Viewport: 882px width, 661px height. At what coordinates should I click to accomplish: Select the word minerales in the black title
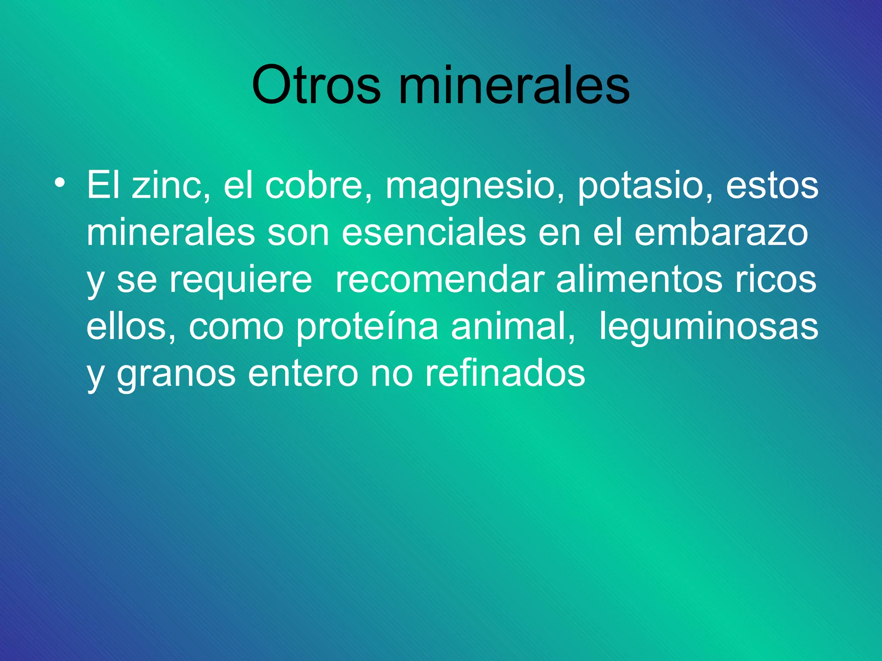click(x=514, y=85)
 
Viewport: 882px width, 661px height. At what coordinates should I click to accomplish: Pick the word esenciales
click(x=434, y=233)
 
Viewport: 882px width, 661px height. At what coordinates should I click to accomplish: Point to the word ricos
click(x=776, y=280)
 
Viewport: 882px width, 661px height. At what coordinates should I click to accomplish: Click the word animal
click(x=512, y=327)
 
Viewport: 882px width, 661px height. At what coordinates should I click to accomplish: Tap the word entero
click(x=303, y=374)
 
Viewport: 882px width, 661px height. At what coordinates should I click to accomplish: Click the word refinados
click(x=505, y=374)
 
